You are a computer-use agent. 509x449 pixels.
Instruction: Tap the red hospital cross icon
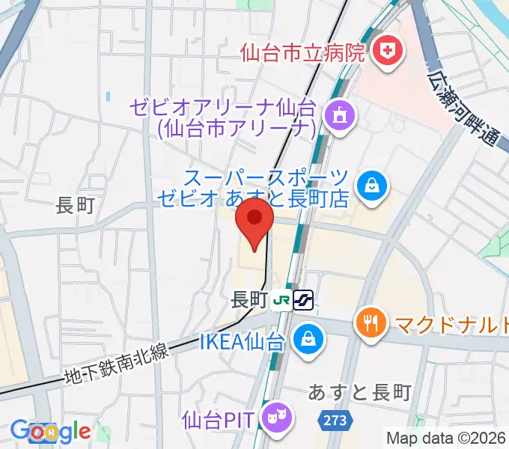coord(388,52)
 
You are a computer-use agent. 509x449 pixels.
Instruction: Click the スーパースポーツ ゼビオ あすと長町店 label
coord(254,188)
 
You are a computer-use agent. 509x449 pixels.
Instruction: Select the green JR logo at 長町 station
coord(282,300)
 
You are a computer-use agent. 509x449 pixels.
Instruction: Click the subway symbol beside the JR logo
coord(303,300)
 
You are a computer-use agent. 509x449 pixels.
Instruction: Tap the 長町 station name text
coord(249,300)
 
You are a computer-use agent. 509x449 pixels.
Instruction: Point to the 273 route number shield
coord(336,421)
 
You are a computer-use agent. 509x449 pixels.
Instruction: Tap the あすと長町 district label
coord(360,392)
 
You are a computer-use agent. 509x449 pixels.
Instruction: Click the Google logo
coord(50,432)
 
